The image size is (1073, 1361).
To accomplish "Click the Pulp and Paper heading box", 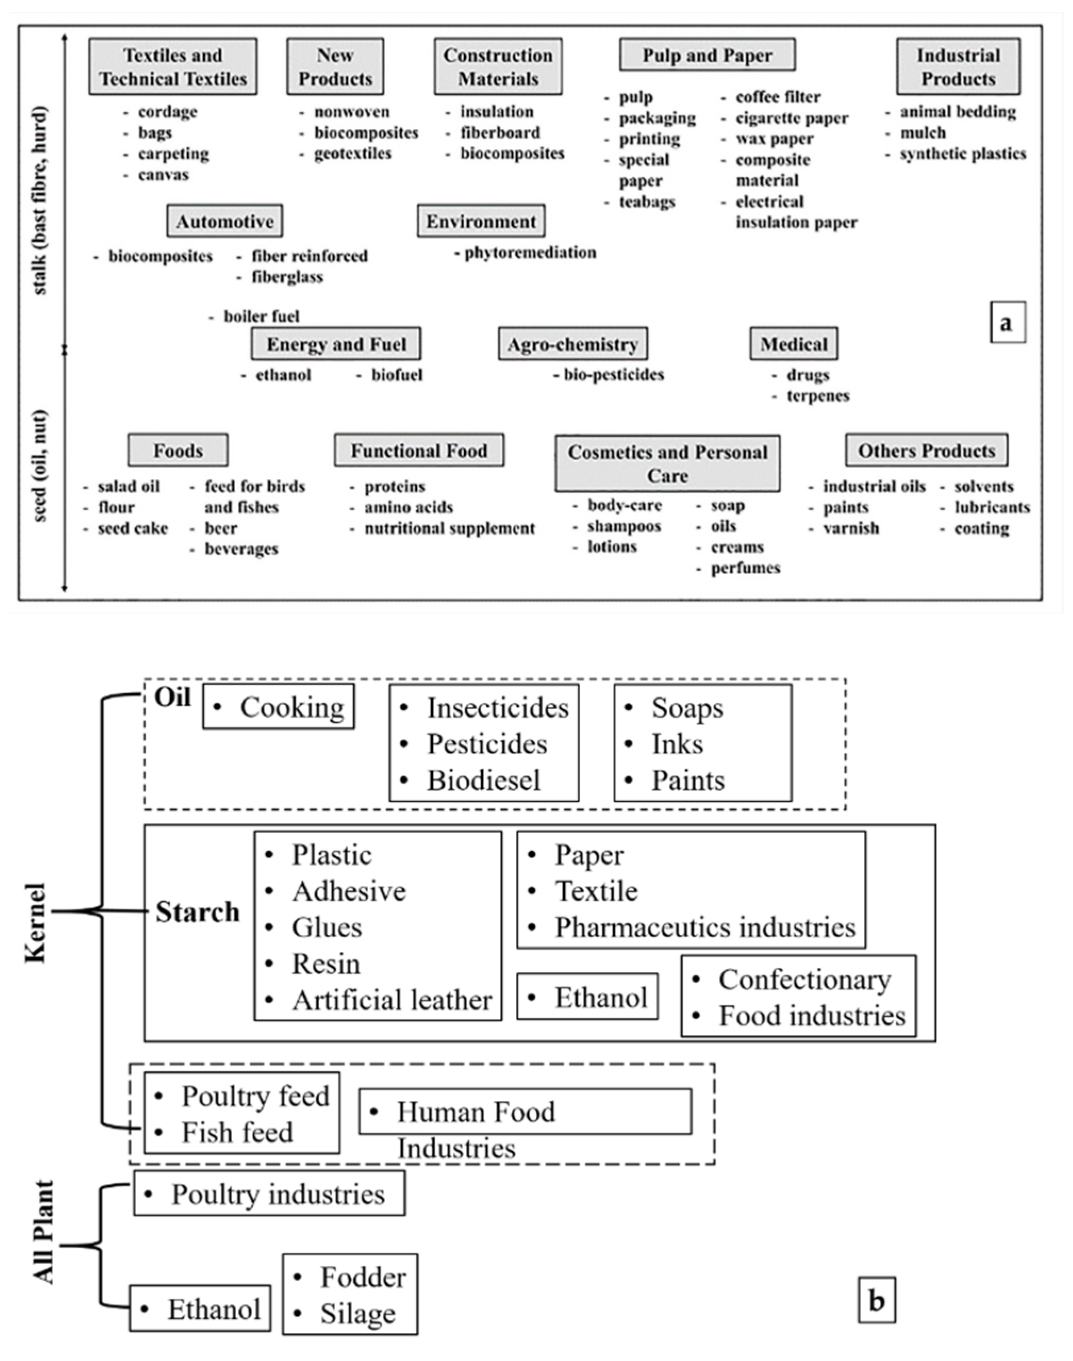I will [707, 55].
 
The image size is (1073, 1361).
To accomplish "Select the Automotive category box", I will [224, 221].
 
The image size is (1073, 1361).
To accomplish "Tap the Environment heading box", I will [480, 221].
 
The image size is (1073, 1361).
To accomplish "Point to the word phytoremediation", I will [530, 253].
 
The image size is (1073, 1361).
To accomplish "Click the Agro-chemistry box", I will [572, 344].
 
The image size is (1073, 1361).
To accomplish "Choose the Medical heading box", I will [793, 344].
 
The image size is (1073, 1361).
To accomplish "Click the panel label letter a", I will [1007, 323].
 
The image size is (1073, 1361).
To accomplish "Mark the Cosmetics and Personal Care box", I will [667, 464].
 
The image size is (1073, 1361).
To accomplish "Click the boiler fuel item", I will [261, 316].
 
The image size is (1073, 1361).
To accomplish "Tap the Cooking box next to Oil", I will [278, 708].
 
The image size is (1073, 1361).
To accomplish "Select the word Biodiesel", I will [484, 781].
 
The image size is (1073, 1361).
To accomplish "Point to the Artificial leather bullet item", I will [392, 1000].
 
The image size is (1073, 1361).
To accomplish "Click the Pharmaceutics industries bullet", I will [704, 927].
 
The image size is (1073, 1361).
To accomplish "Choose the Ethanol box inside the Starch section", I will [587, 998].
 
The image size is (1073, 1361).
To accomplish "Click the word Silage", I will [357, 1313].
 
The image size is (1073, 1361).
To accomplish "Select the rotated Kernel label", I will [36, 923].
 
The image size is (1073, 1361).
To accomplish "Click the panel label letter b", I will [876, 1300].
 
